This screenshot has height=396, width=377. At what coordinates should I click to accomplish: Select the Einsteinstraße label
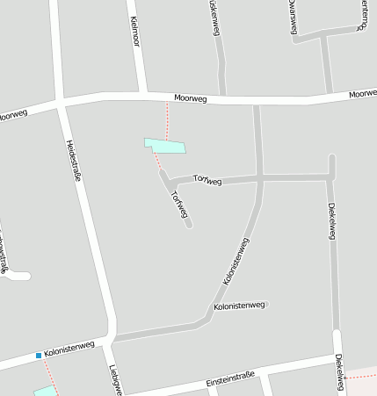click(x=230, y=380)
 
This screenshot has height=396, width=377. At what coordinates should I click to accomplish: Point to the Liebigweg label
click(x=113, y=380)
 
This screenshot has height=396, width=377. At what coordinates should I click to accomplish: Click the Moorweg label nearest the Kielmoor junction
click(x=190, y=99)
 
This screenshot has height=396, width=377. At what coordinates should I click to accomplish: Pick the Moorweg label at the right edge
click(x=362, y=93)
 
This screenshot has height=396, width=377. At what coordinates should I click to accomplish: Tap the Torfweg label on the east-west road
click(x=207, y=180)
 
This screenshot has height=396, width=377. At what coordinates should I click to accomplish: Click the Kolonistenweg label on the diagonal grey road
click(x=236, y=261)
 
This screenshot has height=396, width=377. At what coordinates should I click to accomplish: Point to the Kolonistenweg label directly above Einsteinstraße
click(x=239, y=306)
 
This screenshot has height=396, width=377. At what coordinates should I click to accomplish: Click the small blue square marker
click(x=39, y=356)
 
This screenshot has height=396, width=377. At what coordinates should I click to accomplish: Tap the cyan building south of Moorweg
click(x=165, y=146)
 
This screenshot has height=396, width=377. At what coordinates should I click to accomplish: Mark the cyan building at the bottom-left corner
click(x=44, y=390)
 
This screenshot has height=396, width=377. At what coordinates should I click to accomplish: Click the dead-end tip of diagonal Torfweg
click(x=189, y=226)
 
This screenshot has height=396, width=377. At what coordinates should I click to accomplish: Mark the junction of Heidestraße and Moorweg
click(x=62, y=103)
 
